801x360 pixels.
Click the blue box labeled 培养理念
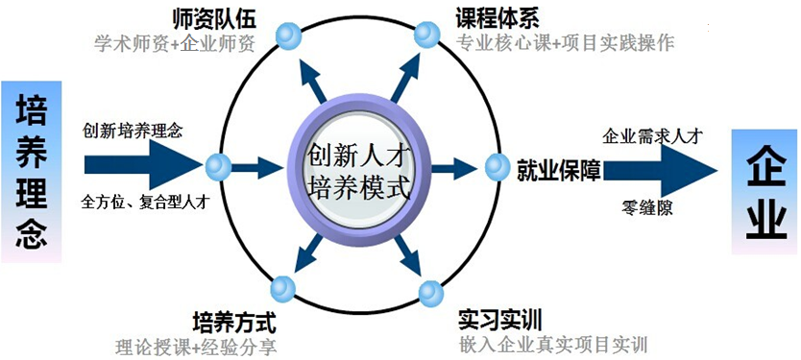(x=32, y=171)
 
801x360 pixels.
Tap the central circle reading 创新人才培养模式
(x=358, y=169)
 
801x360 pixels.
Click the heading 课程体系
(x=498, y=17)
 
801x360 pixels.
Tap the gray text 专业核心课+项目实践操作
(x=566, y=43)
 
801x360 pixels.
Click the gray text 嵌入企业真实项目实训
(x=552, y=345)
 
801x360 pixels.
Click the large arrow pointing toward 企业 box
(x=663, y=170)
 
